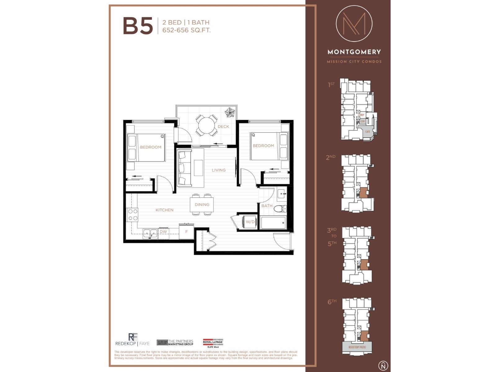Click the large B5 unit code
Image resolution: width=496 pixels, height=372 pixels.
pyautogui.click(x=138, y=26)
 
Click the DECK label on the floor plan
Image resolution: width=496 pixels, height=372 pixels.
pyautogui.click(x=223, y=126)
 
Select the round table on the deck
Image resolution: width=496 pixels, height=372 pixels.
pyautogui.click(x=206, y=125)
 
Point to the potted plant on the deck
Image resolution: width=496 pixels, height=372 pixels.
pyautogui.click(x=230, y=113)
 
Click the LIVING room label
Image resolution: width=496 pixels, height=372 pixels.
pyautogui.click(x=219, y=170)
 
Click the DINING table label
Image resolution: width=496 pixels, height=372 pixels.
pyautogui.click(x=202, y=205)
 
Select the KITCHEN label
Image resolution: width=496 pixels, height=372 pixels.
pyautogui.click(x=164, y=210)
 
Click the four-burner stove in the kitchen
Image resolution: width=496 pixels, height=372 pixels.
pyautogui.click(x=133, y=215)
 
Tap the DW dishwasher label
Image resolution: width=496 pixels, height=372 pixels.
pyautogui.click(x=163, y=232)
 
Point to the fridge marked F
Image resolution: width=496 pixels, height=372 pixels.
pyautogui.click(x=186, y=232)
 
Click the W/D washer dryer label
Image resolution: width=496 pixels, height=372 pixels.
pyautogui.click(x=250, y=222)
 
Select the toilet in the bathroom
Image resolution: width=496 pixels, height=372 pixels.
pyautogui.click(x=280, y=209)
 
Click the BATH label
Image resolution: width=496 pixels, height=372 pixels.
pyautogui.click(x=267, y=206)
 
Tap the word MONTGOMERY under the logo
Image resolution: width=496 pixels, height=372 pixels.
pyautogui.click(x=354, y=52)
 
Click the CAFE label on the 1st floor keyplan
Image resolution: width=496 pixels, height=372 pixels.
pyautogui.click(x=367, y=132)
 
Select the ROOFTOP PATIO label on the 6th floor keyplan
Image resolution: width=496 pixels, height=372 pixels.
pyautogui.click(x=357, y=347)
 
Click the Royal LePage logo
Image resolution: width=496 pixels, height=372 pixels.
pyautogui.click(x=213, y=343)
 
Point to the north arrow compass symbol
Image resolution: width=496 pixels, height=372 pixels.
pyautogui.click(x=383, y=365)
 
